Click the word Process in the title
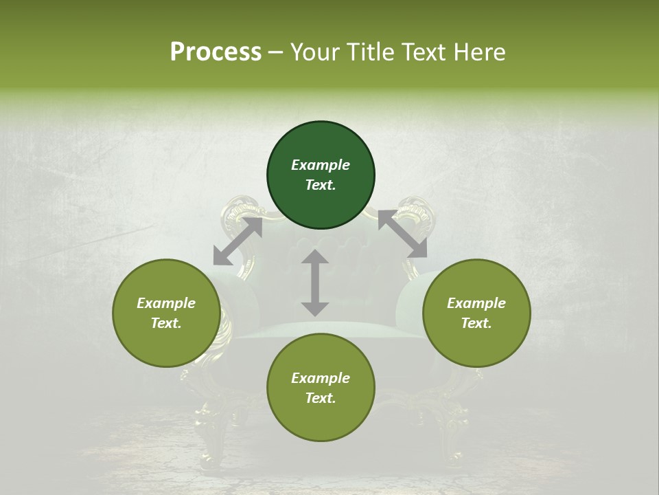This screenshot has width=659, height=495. (x=216, y=52)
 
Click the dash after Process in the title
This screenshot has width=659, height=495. (x=276, y=53)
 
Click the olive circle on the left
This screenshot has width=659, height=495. (x=166, y=313)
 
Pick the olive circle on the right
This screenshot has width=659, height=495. (x=476, y=313)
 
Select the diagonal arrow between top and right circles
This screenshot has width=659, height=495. (x=402, y=234)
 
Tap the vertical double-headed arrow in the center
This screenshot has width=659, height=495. (x=315, y=283)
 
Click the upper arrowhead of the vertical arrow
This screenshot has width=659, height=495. (x=315, y=257)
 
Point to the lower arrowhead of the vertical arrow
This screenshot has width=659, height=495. (x=315, y=309)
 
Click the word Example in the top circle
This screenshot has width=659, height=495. (x=321, y=165)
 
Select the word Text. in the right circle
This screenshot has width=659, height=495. (x=476, y=323)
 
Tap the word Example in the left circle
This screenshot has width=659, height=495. (x=166, y=303)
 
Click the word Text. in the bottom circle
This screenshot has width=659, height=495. (x=321, y=398)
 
